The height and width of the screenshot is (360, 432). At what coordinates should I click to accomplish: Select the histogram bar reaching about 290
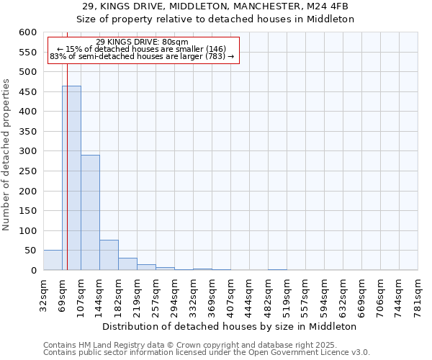coord(90,212)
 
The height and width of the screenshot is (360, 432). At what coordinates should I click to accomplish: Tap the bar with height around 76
coord(109,255)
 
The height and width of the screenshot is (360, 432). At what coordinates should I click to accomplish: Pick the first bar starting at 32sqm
coord(53,260)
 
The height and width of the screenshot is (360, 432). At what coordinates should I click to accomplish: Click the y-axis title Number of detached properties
coord(7,155)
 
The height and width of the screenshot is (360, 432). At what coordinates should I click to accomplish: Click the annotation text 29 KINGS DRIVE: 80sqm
coord(142,42)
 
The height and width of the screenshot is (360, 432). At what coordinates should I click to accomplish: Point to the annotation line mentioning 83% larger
coord(142,56)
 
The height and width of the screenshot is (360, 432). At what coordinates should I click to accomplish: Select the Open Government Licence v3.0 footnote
coord(206,353)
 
